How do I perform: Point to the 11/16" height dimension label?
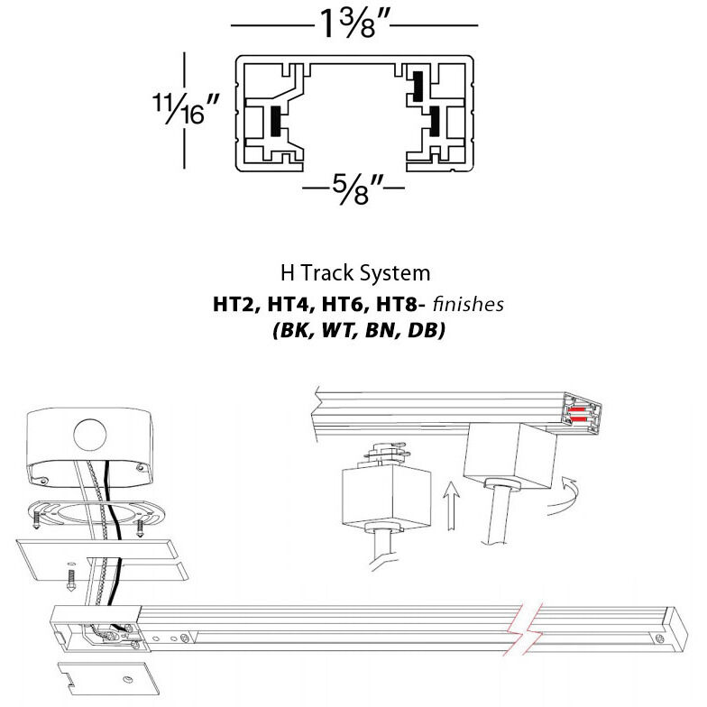pyautogui.click(x=186, y=113)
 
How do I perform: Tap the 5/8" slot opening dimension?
pyautogui.click(x=353, y=190)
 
